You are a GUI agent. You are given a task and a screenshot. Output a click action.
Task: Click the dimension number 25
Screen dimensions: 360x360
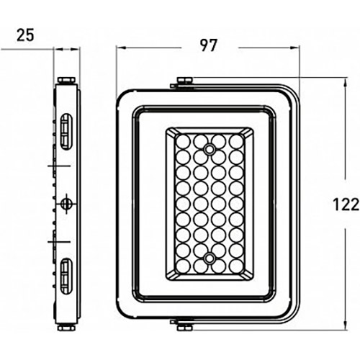point(25,35)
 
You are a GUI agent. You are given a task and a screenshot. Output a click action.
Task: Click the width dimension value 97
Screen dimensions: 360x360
point(209,45)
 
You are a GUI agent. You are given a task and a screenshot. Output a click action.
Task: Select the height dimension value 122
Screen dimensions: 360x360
point(346,204)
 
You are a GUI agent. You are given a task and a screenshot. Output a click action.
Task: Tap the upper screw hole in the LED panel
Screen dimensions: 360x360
point(210,149)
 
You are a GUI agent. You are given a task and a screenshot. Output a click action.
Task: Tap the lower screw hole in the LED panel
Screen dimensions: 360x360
point(210,258)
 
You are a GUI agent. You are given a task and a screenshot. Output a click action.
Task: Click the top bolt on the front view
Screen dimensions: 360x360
point(184,80)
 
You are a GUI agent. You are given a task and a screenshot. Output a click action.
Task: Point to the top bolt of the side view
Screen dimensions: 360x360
point(66,81)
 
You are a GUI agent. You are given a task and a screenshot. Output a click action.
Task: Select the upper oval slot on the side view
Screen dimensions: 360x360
point(66,132)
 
